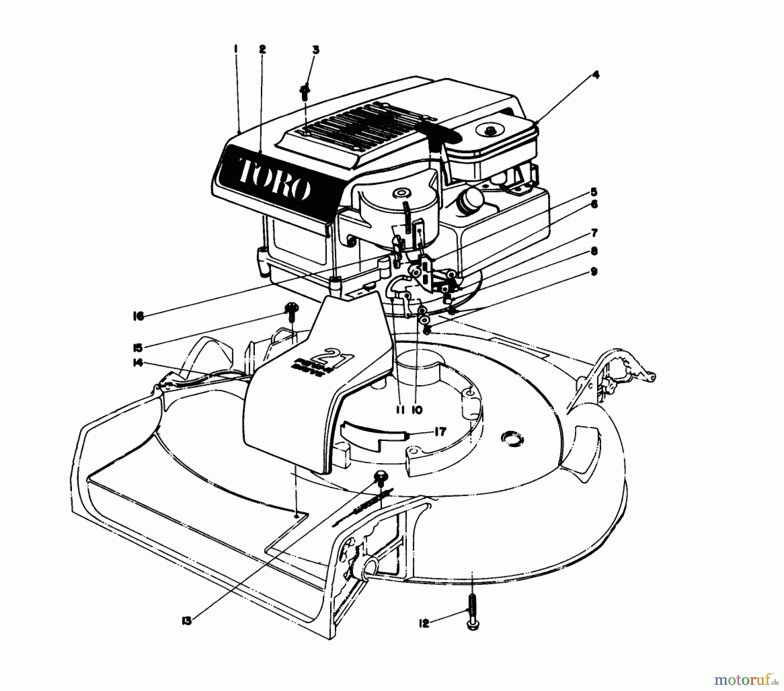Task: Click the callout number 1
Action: [236, 50]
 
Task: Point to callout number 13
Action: [187, 621]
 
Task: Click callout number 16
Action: [138, 317]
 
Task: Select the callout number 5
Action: [594, 192]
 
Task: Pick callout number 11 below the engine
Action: [400, 410]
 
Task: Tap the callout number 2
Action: [262, 50]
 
